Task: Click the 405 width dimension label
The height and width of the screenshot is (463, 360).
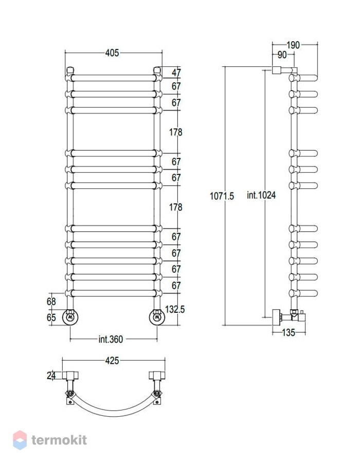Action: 112,53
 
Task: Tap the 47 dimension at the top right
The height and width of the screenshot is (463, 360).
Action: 176,73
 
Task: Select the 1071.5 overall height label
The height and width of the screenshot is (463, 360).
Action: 222,196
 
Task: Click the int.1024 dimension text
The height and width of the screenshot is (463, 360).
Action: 261,195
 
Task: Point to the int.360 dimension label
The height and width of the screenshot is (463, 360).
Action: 111,340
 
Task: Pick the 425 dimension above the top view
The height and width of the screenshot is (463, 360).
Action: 112,361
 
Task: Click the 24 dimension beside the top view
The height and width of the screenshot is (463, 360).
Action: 51,376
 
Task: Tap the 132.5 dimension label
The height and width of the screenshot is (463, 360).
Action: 175,309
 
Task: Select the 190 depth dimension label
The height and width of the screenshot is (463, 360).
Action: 293,45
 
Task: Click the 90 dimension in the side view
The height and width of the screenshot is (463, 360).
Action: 282,55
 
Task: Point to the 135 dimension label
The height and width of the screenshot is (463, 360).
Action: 289,333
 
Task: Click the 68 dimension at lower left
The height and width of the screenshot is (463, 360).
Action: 51,301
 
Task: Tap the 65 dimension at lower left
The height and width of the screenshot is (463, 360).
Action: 51,317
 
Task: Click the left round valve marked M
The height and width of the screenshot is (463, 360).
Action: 70,317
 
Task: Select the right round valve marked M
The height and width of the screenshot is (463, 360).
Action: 157,317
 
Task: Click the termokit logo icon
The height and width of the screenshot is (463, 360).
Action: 20,440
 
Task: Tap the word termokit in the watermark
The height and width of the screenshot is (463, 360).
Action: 59,440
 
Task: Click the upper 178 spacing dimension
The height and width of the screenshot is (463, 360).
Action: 175,132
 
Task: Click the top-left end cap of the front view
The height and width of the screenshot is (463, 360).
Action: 70,70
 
